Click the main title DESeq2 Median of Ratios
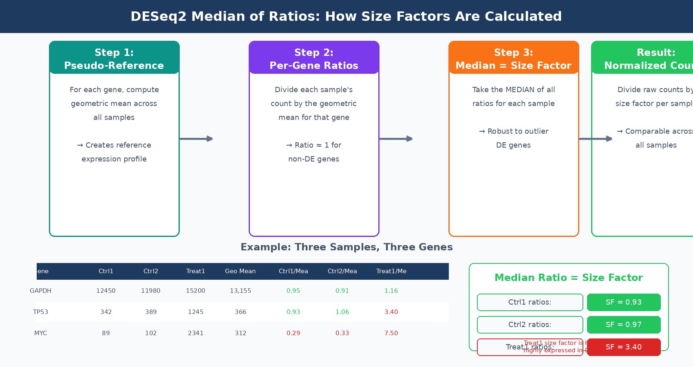click(x=346, y=16)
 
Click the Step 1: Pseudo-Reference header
click(x=114, y=59)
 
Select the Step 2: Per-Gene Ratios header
click(x=314, y=59)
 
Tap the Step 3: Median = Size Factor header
click(x=514, y=59)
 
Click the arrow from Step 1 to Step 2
click(x=196, y=139)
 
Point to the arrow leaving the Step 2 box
click(x=396, y=139)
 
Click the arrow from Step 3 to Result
click(x=595, y=139)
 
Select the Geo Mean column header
click(x=241, y=271)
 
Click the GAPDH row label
click(x=41, y=291)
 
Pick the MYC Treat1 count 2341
click(x=196, y=333)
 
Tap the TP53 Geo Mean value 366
click(x=241, y=312)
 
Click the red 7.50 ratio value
click(x=391, y=333)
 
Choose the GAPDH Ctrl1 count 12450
click(x=106, y=291)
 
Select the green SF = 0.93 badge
click(x=624, y=302)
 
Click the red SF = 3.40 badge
click(x=624, y=347)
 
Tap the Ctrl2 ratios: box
click(x=530, y=325)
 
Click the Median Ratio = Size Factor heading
click(x=569, y=278)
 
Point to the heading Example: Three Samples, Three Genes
click(x=346, y=247)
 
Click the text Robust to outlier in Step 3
click(x=514, y=131)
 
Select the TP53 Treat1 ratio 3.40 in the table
click(x=391, y=312)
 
